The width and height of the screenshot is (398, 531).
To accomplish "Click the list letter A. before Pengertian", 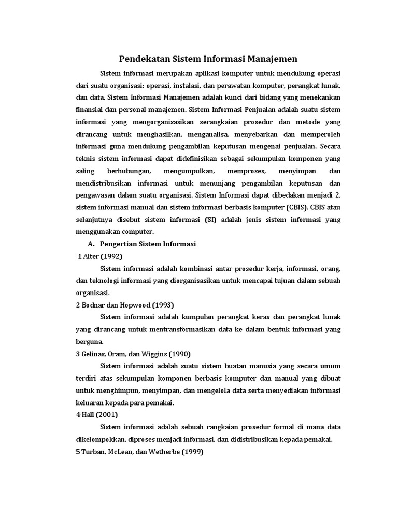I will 92,244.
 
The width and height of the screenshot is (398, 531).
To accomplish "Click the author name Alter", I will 91,257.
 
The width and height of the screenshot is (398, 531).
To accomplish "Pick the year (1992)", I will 113,257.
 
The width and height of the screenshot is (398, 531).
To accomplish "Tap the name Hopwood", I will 137,305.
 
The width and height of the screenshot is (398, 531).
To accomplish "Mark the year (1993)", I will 163,305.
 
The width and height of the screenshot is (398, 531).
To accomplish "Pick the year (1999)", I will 191,451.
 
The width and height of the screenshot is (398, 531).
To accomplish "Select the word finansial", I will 90,110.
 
